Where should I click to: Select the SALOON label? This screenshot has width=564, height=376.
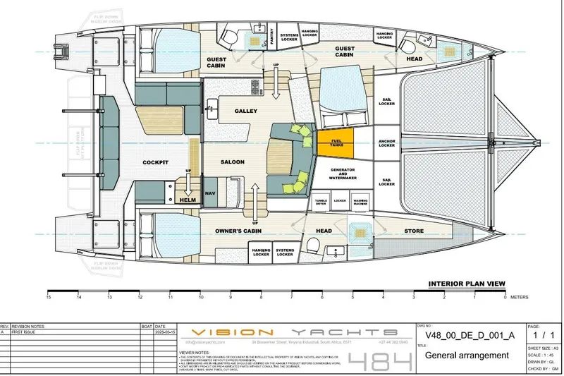coord(233,162)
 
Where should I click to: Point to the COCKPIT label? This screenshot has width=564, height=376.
coord(156,162)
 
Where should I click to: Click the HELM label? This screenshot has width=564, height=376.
coord(188,200)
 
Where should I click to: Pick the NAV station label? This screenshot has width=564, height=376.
coord(209,192)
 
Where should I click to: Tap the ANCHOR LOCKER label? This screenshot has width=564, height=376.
coord(386,142)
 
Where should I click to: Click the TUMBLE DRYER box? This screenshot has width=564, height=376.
coord(321,201)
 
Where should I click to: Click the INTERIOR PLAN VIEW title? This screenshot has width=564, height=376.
coord(466,284)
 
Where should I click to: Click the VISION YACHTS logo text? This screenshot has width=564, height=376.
coord(296,332)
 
